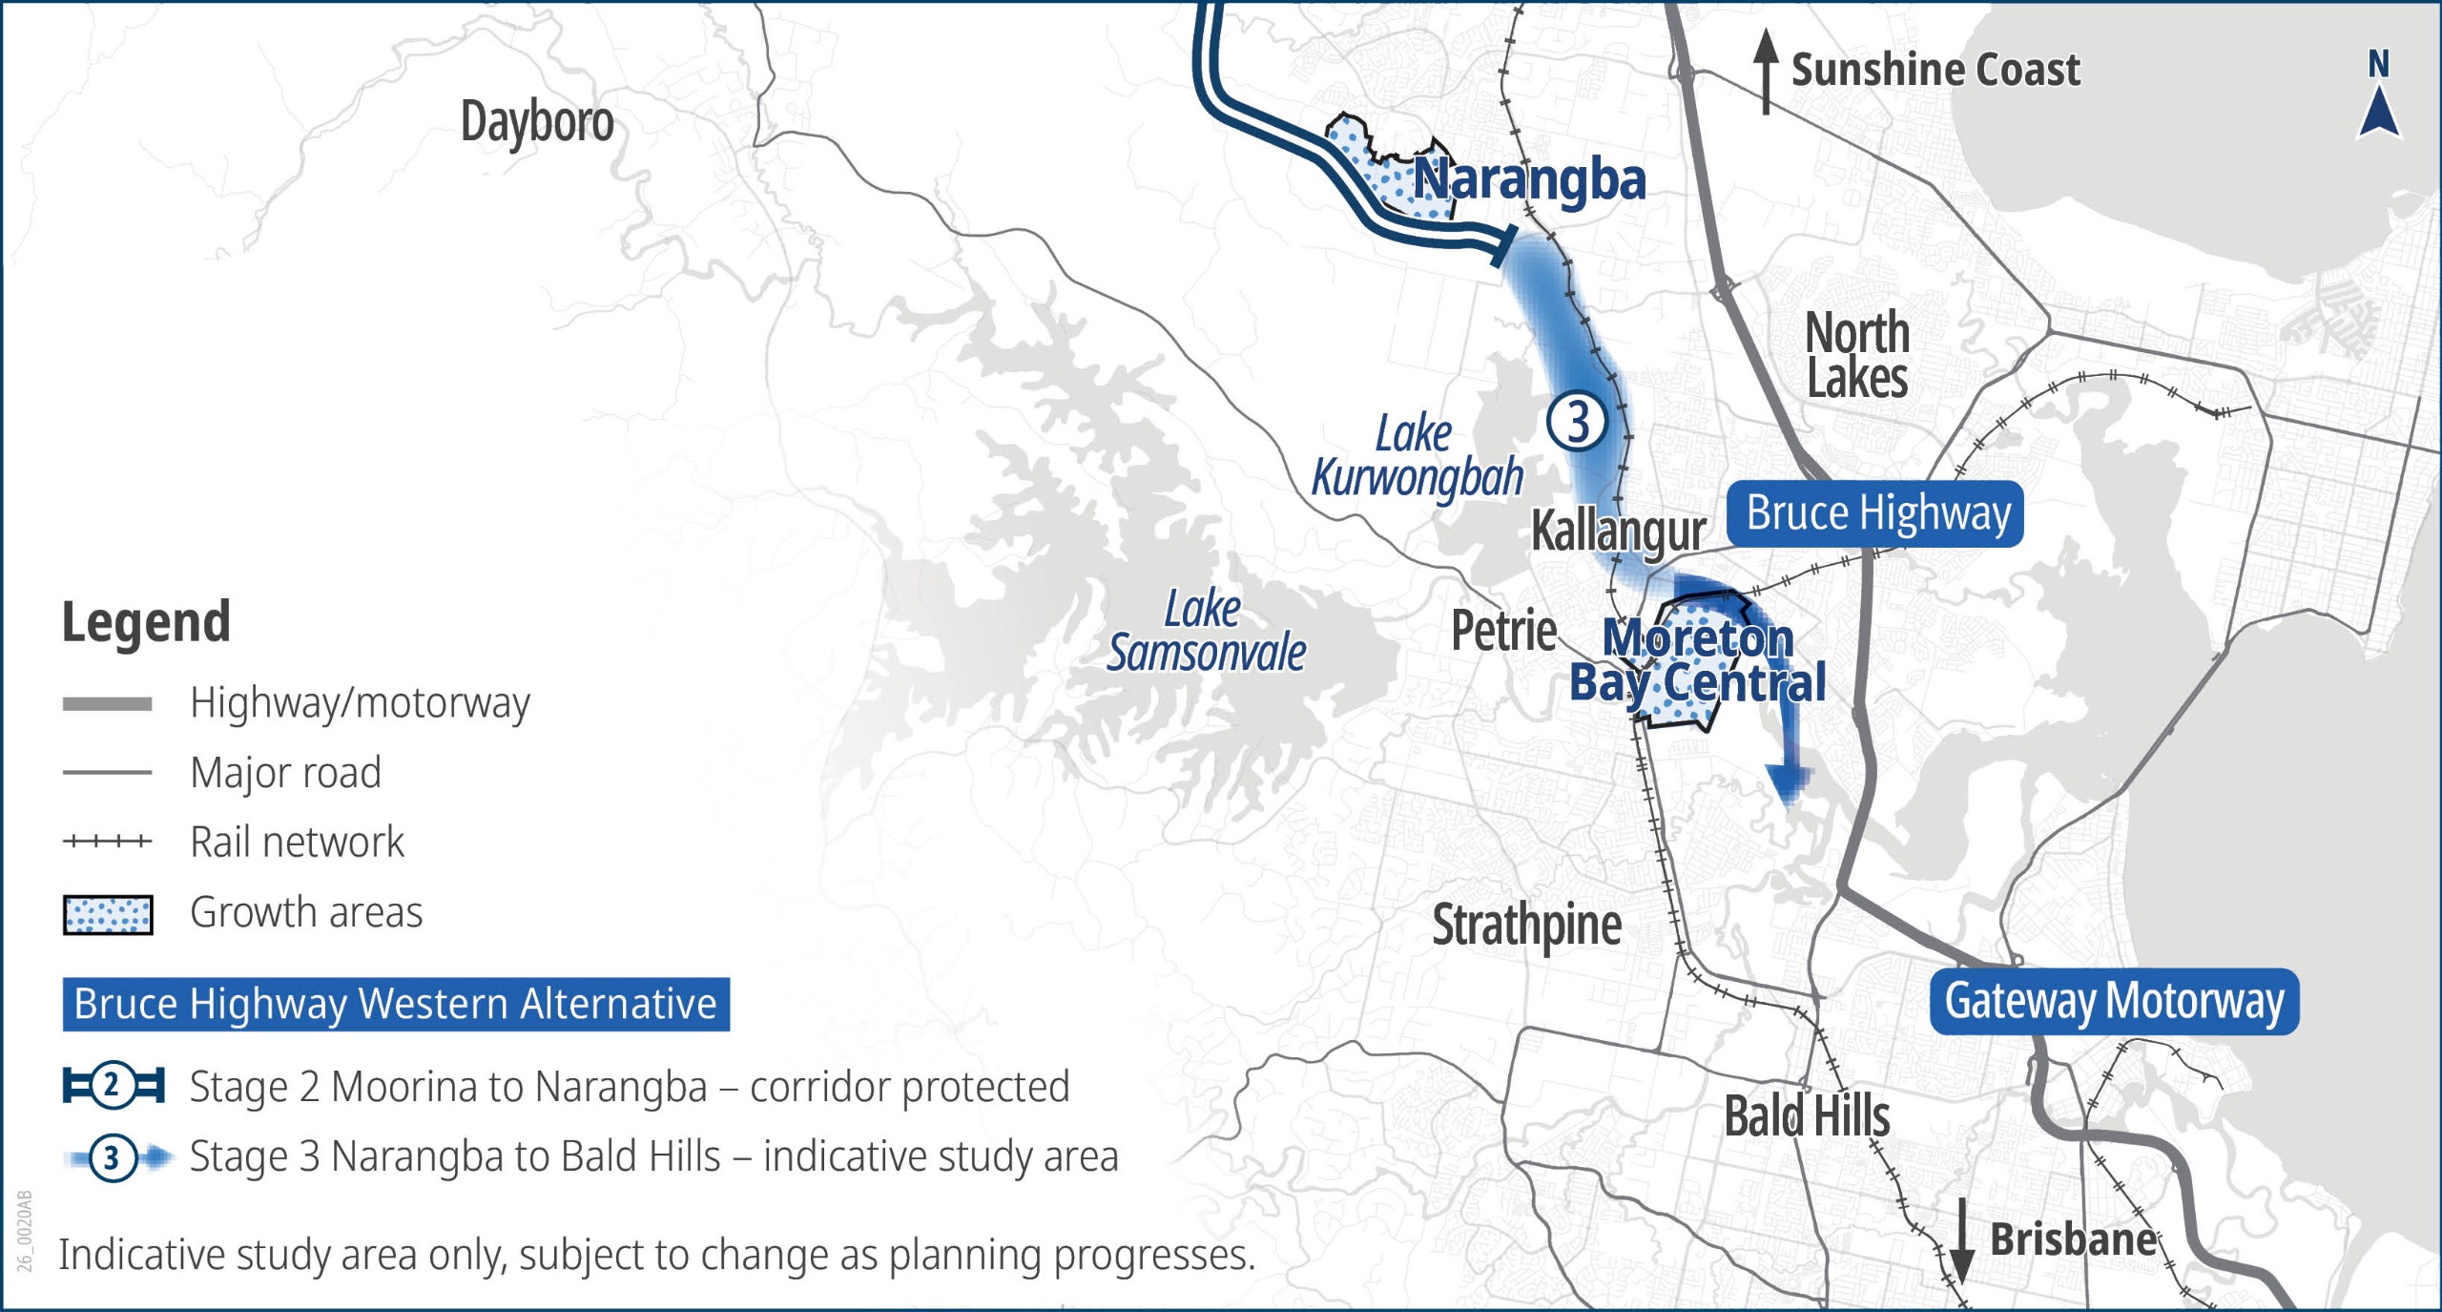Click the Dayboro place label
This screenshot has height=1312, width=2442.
[537, 123]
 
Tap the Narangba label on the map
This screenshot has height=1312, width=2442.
[1529, 180]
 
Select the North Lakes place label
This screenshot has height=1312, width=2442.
[1857, 355]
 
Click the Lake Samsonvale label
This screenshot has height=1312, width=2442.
[1206, 632]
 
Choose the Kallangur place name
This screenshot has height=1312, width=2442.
[1618, 531]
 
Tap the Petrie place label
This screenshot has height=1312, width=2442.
[1503, 631]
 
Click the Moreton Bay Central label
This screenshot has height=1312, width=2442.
[1698, 660]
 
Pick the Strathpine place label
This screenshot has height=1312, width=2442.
[1526, 926]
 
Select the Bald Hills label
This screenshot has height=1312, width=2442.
[1807, 1116]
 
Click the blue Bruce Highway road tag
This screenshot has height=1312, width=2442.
[1874, 514]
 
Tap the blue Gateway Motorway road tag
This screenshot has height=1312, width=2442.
[2114, 1002]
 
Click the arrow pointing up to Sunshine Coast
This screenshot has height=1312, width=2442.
[1766, 72]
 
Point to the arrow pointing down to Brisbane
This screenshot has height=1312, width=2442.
[1961, 1240]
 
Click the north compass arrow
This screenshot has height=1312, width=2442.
[2379, 110]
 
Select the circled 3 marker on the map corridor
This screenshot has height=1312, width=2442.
[1577, 421]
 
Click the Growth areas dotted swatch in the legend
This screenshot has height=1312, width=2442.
[108, 914]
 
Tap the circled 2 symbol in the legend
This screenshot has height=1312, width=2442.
[113, 1086]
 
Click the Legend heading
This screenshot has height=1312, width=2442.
[146, 622]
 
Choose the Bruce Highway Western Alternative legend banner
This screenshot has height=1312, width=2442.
[396, 1004]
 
